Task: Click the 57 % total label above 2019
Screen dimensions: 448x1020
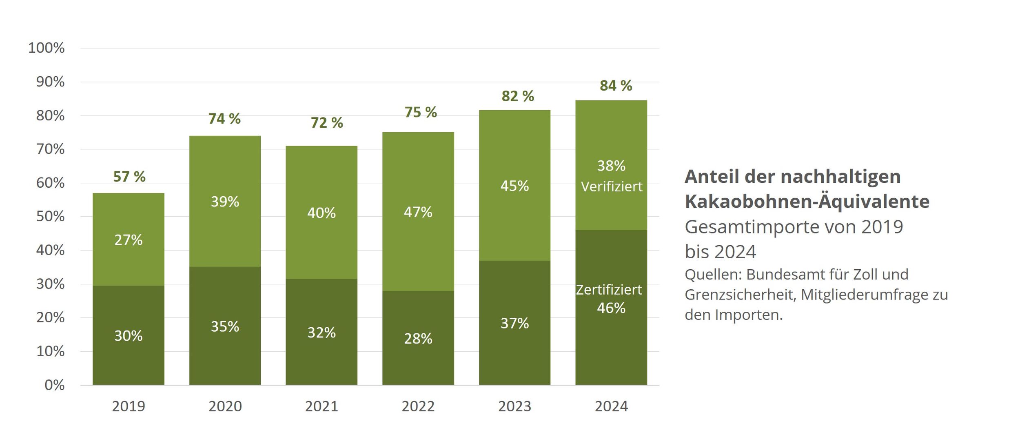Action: point(129,177)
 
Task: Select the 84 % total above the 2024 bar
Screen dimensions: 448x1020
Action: point(616,86)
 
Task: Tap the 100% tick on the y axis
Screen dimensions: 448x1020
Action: point(46,48)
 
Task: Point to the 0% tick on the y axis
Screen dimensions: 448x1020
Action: point(54,385)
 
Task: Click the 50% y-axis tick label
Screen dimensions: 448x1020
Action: point(50,216)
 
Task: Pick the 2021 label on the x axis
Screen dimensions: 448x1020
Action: point(322,406)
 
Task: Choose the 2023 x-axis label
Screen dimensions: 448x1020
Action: point(514,406)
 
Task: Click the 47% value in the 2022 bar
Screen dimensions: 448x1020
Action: point(418,212)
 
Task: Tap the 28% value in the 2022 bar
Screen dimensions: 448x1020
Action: point(418,339)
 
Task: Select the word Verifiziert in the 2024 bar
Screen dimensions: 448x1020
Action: point(611,187)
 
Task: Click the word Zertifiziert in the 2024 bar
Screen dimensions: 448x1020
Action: point(609,290)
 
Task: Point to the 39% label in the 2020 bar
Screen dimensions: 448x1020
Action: point(225,202)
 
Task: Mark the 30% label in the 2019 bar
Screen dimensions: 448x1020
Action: point(128,336)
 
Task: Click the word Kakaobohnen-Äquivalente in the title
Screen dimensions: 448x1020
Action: point(807,202)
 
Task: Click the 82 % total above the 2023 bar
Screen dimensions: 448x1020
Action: point(517,96)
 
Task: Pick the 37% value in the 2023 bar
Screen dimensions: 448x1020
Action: point(514,324)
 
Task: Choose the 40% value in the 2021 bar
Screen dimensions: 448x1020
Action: point(322,213)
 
